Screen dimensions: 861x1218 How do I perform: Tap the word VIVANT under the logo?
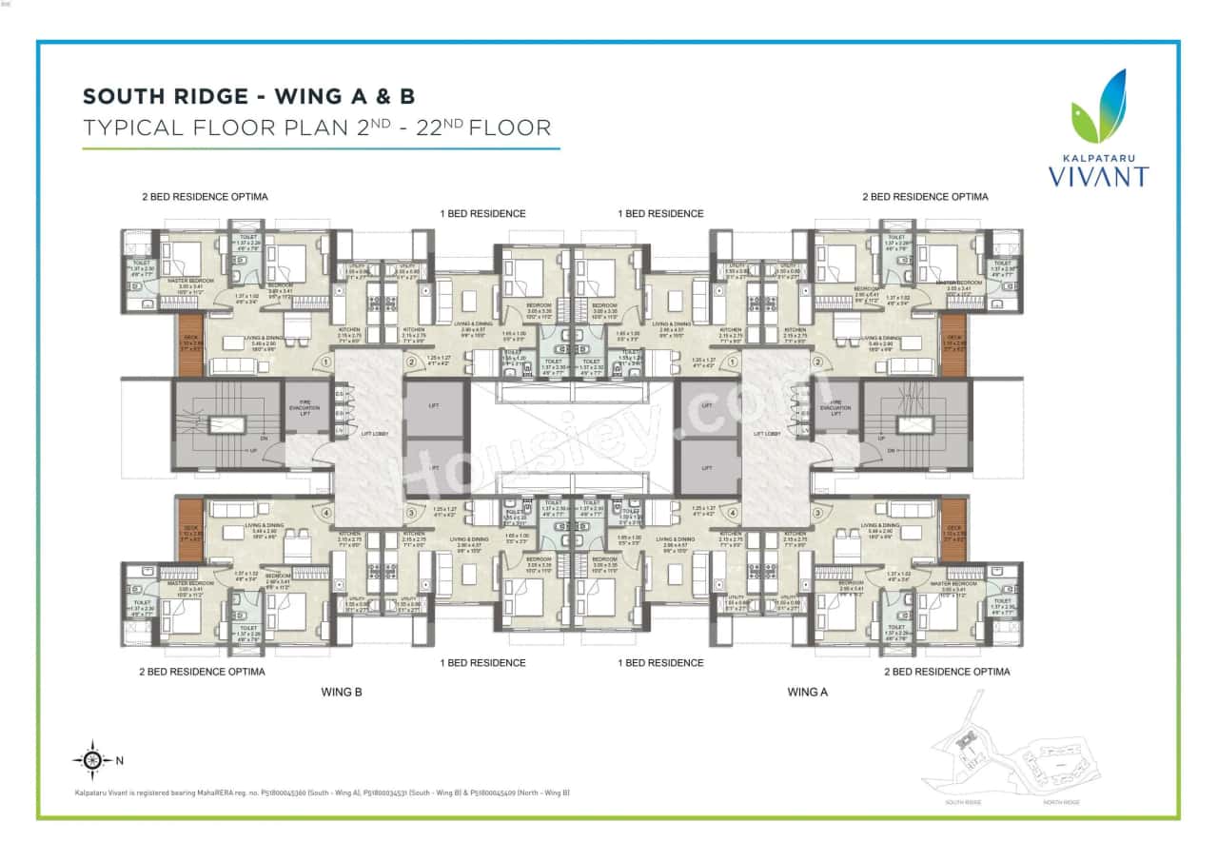point(1098,176)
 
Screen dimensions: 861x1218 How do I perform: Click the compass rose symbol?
point(91,759)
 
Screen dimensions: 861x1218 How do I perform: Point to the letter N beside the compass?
point(119,760)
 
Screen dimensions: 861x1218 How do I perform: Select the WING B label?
point(341,692)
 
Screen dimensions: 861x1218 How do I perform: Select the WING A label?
point(807,692)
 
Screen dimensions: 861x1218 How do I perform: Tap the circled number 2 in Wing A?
point(816,362)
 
